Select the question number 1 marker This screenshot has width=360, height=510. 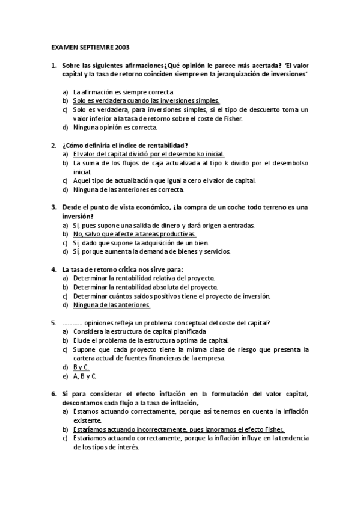pos(53,65)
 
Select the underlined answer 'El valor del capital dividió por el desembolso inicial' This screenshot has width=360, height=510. pos(148,154)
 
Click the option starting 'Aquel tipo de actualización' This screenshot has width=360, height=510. pos(164,180)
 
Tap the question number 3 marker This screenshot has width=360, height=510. pos(53,207)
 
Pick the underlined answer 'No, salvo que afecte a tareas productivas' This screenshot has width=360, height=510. pos(134,233)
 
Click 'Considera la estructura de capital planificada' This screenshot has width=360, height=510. pos(139,331)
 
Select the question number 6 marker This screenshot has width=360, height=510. pos(53,394)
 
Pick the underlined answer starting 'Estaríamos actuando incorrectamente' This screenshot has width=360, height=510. pos(178,429)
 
